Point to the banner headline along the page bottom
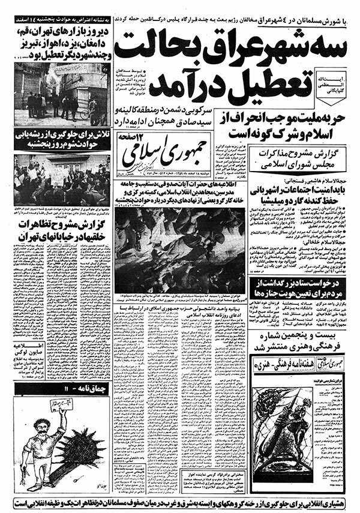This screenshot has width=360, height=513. (x=180, y=502)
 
